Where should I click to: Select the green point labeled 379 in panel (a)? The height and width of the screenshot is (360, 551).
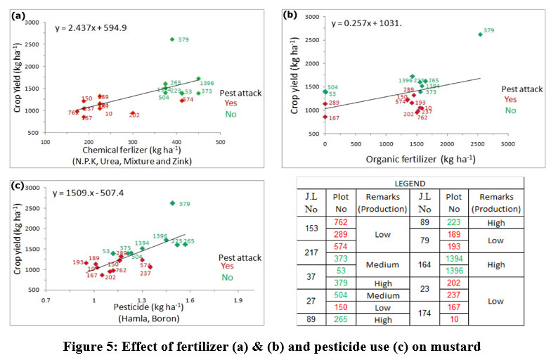(x=172, y=39)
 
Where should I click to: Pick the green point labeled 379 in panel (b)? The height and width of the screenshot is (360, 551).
(x=480, y=34)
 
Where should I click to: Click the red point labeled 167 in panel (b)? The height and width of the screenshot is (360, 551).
(x=325, y=117)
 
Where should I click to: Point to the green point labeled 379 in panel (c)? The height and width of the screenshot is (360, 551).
(x=173, y=203)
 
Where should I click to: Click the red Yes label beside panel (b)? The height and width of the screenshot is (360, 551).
(x=510, y=100)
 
